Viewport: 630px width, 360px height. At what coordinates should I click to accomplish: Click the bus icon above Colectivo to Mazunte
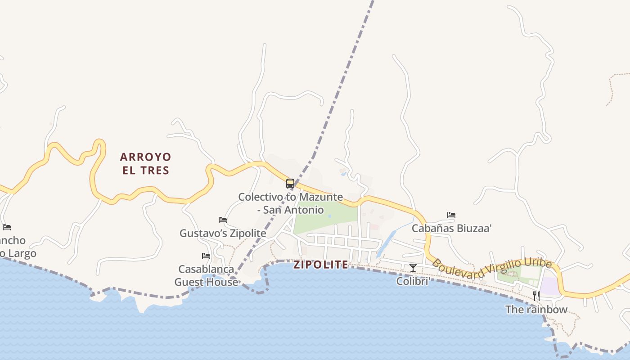[290, 184]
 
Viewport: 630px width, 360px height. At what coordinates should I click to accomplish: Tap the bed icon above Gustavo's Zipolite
[223, 220]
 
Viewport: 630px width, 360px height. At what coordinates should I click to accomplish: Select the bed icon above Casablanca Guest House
[206, 256]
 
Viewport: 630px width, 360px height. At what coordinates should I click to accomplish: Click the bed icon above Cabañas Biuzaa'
[451, 215]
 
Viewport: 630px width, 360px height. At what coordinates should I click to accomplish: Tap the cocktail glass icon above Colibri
[413, 268]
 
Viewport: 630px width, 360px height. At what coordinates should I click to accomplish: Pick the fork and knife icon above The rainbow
[536, 296]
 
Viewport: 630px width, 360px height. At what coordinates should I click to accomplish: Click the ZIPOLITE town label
[321, 265]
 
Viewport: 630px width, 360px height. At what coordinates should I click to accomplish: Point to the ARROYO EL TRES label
[145, 163]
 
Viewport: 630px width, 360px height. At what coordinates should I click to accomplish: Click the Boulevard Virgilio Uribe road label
[491, 268]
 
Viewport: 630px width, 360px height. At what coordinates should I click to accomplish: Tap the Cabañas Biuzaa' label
[451, 228]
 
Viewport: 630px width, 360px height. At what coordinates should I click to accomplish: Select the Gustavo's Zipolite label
[223, 234]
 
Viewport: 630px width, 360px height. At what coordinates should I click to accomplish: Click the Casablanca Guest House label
[206, 275]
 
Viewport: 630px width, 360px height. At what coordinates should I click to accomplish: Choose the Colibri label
[412, 281]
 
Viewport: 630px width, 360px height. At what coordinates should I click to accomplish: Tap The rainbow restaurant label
[536, 310]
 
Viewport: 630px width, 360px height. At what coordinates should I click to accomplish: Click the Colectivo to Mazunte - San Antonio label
[290, 203]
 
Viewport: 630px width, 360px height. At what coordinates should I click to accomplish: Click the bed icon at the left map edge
[6, 227]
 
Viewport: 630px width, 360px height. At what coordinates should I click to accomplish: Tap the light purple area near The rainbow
[549, 286]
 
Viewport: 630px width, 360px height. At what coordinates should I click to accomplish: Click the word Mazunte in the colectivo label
[320, 197]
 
